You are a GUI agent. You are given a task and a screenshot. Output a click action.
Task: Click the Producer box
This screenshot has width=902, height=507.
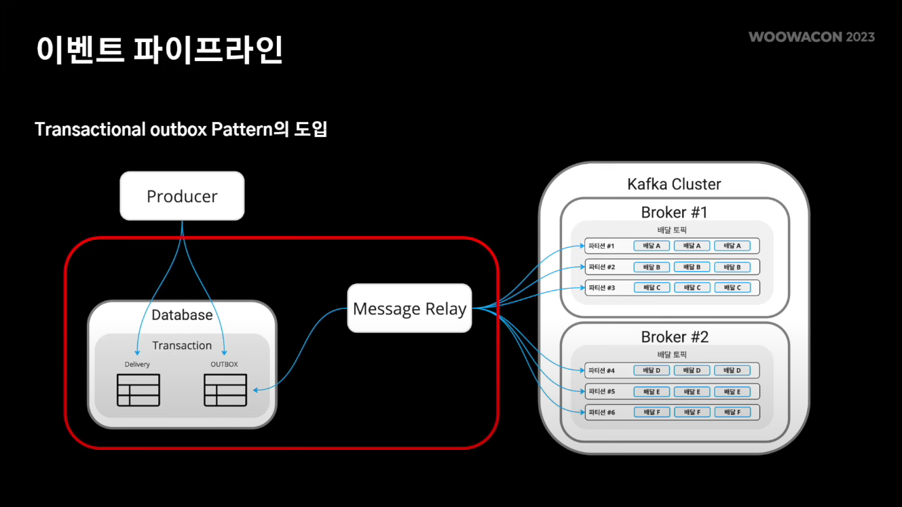point(182,196)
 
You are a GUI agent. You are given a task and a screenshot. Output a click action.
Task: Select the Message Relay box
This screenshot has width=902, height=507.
point(409,308)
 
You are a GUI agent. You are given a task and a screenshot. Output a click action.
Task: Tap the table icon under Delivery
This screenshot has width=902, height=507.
point(138,390)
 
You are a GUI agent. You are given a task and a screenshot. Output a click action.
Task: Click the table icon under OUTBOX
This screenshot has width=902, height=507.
point(225,390)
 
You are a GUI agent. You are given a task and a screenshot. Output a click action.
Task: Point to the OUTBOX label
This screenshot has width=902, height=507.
point(224,364)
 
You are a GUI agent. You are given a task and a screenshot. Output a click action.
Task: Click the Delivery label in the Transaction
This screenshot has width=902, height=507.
point(137,364)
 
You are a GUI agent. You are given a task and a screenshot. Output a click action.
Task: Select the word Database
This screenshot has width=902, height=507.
point(182,315)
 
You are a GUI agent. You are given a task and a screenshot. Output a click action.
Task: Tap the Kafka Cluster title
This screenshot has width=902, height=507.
point(674,184)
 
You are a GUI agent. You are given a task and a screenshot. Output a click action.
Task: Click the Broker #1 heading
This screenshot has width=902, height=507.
point(674,212)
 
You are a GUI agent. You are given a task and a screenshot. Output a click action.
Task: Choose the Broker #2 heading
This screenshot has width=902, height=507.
point(674,337)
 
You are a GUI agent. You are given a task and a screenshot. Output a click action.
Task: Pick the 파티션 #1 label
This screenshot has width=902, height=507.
point(601,245)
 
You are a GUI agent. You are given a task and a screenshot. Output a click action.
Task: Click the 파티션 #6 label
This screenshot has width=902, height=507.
point(601,412)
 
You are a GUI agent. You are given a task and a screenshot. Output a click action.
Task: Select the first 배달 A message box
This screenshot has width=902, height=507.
point(652,245)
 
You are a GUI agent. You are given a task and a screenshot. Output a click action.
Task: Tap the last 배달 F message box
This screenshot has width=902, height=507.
point(732,412)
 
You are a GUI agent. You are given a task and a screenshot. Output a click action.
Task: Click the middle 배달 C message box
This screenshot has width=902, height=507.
point(692,287)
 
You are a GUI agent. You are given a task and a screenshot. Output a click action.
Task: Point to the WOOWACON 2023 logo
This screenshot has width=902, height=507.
point(812,37)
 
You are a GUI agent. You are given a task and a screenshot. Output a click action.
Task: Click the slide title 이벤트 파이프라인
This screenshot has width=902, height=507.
point(159,49)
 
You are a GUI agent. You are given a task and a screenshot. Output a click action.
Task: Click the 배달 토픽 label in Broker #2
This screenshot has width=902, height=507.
point(673,354)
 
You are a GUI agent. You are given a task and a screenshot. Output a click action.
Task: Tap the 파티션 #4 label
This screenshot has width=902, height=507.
point(601,370)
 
